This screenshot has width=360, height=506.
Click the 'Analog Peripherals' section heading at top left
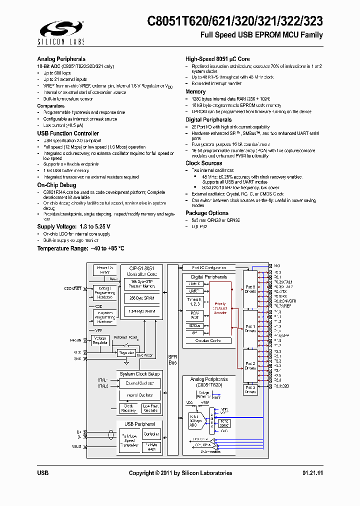point(61,59)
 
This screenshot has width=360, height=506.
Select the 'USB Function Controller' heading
point(68,133)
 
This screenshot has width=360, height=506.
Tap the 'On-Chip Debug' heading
point(56,185)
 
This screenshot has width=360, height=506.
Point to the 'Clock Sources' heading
point(203,163)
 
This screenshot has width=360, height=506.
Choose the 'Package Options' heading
point(206,213)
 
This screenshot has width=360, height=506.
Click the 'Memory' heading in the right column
point(195,92)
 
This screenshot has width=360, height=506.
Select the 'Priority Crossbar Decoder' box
point(220,308)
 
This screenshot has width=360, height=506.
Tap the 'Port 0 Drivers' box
point(250,289)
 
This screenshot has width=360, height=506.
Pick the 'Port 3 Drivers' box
point(250,389)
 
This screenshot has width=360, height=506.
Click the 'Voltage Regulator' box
point(101,340)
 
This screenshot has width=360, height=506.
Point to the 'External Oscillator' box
point(139,383)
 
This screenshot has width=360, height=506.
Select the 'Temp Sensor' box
point(224,422)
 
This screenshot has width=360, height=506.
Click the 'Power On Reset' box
point(104,270)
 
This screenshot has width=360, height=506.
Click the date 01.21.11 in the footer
point(312,473)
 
